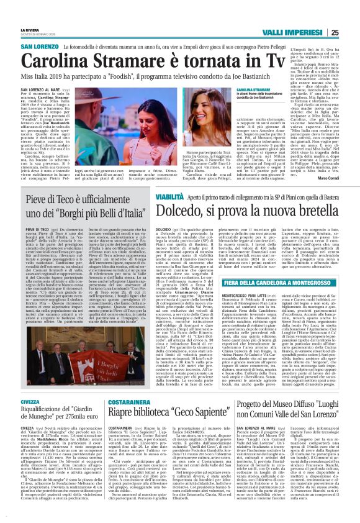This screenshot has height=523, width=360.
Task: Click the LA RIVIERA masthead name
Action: point(29,29)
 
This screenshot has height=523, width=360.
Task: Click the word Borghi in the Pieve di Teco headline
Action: point(73,213)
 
